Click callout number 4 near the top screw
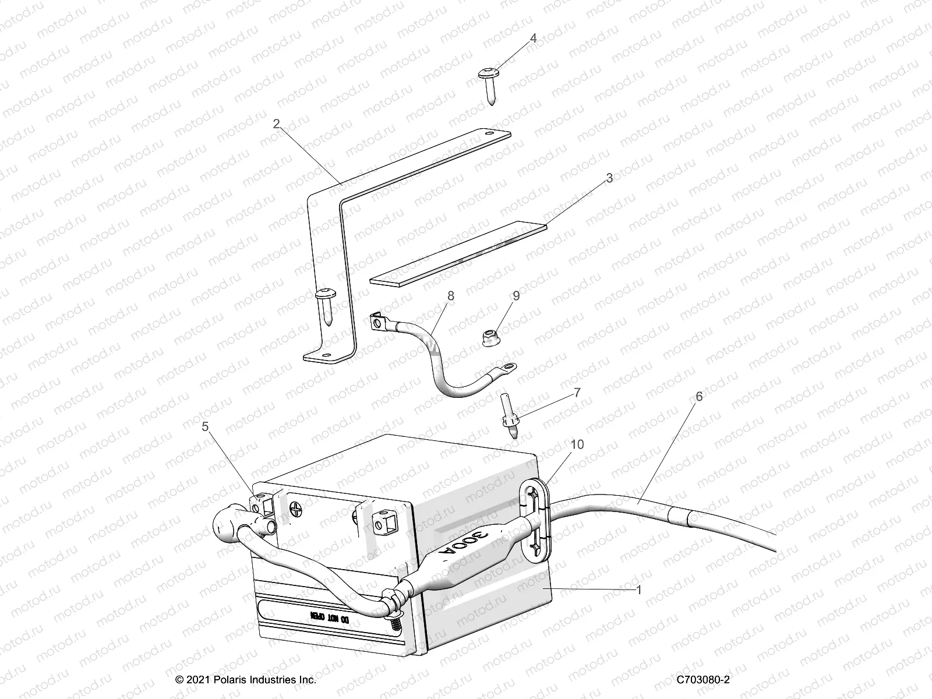pos(533,38)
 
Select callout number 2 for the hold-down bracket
pos(276,123)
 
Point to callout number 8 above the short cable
pos(451,296)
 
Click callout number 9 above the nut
pos(516,296)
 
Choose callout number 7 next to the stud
pos(577,393)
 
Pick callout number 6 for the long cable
pos(699,397)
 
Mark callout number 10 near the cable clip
pos(577,444)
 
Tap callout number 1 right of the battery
pos(638,590)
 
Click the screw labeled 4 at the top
pos(487,85)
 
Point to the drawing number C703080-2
pos(703,680)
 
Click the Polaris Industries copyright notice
pos(246,680)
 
